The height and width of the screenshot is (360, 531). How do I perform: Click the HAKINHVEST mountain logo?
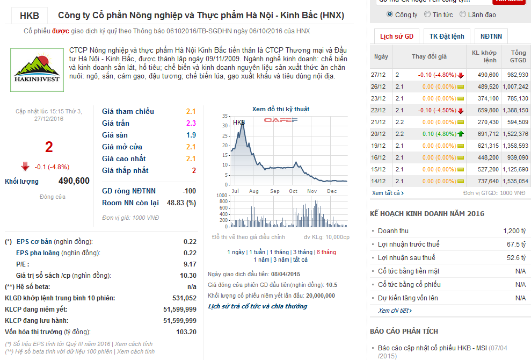(36, 69)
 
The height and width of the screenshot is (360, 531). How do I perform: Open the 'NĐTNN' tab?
(491, 37)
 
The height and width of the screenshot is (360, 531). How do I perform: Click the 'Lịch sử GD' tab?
(396, 37)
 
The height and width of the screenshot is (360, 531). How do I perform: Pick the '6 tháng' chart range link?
(326, 252)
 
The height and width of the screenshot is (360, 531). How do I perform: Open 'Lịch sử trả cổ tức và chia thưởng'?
(257, 306)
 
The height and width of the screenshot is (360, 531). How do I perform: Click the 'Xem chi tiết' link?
(395, 311)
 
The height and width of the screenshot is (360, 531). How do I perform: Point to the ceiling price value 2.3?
(191, 123)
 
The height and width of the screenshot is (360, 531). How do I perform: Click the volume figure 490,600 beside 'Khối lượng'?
(74, 181)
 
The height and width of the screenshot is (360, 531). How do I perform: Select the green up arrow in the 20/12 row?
(461, 134)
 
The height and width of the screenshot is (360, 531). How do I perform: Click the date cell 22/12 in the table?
(379, 110)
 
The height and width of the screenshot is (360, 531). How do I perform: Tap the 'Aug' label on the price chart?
(254, 191)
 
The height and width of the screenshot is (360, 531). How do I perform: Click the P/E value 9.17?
(190, 264)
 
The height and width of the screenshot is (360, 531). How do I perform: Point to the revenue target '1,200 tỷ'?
(514, 231)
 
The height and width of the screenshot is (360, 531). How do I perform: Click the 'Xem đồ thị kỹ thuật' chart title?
(280, 109)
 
